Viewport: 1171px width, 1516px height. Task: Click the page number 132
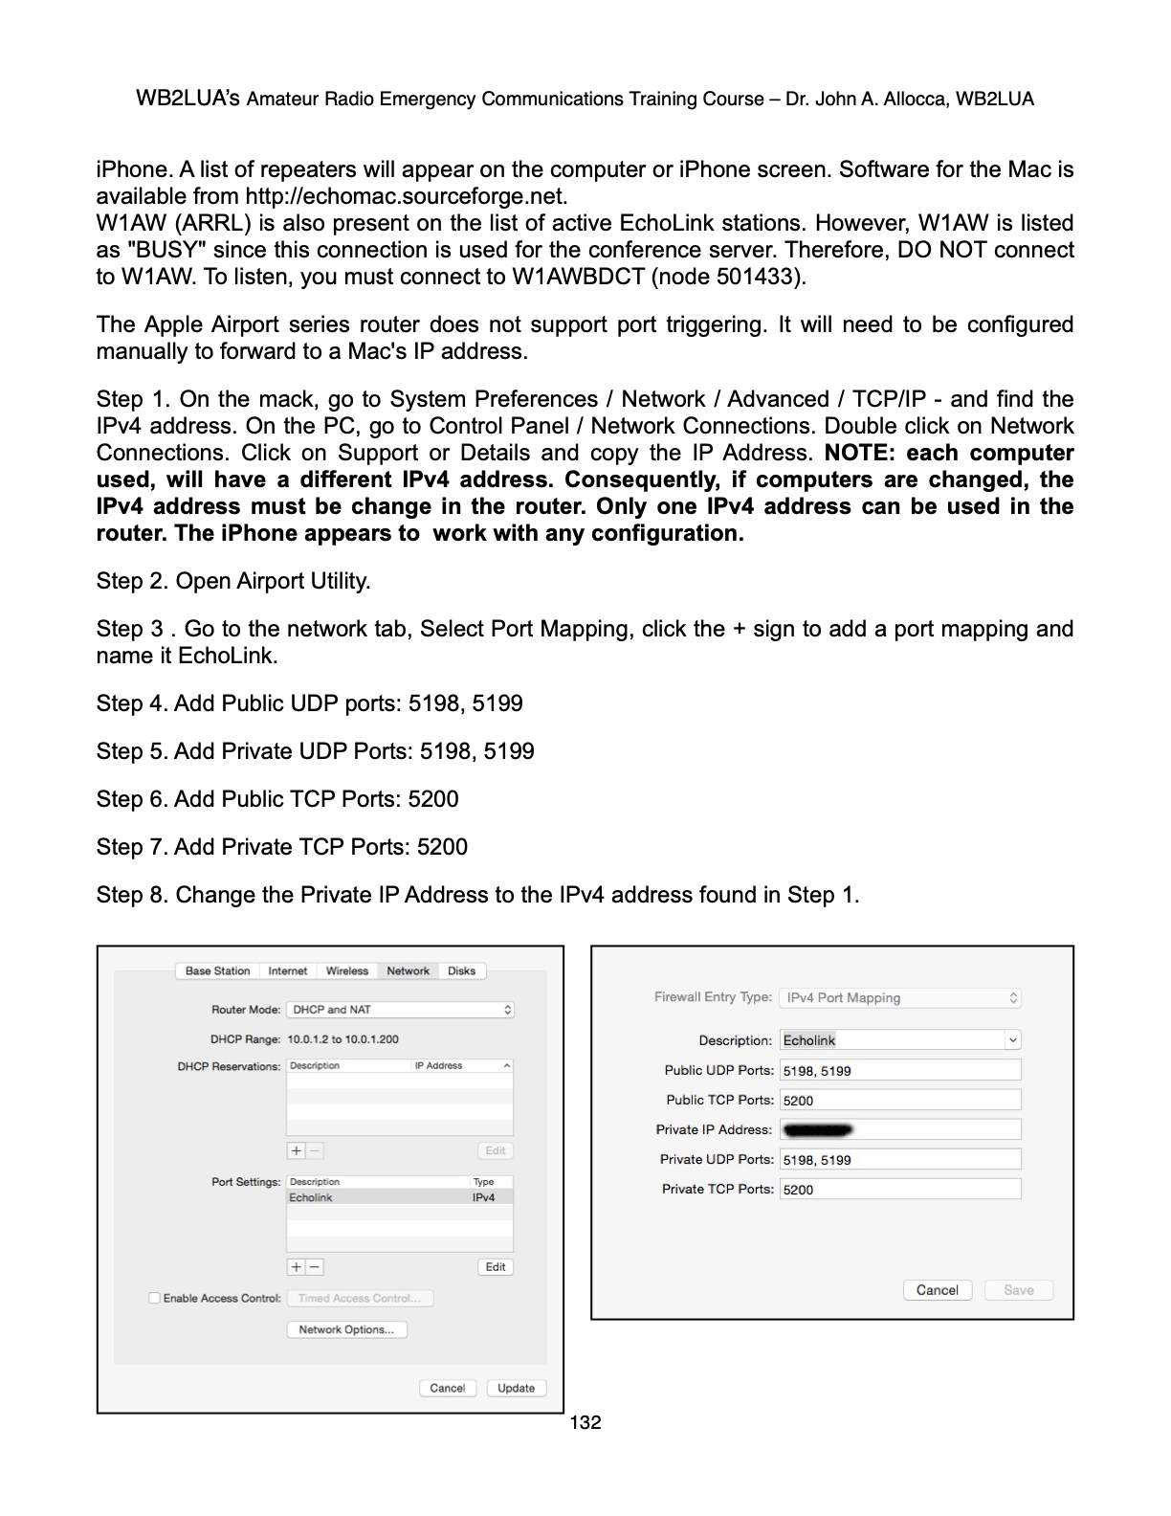[585, 1423]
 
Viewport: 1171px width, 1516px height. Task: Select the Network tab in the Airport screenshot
[408, 970]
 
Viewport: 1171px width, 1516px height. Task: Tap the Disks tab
[461, 970]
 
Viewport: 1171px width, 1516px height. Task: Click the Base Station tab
[217, 970]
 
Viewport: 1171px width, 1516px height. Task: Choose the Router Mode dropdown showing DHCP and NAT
[400, 1010]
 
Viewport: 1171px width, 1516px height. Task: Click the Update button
[516, 1388]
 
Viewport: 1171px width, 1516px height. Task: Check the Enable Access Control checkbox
[154, 1298]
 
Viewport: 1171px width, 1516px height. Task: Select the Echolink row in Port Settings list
[399, 1197]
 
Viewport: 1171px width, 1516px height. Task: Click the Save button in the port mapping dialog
[1018, 1290]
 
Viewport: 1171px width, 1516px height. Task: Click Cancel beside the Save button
[937, 1290]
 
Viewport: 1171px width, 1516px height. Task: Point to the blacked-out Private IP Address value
[817, 1129]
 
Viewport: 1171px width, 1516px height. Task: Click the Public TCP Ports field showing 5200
[899, 1100]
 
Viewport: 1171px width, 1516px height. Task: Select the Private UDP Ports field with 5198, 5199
[899, 1159]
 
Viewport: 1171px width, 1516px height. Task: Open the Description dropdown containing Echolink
[899, 1040]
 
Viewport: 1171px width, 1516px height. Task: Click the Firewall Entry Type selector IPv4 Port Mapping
[899, 997]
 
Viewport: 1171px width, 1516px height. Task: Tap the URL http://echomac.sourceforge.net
[406, 196]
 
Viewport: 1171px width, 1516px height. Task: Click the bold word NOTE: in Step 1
[858, 453]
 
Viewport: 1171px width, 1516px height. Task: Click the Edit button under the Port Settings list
[495, 1266]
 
